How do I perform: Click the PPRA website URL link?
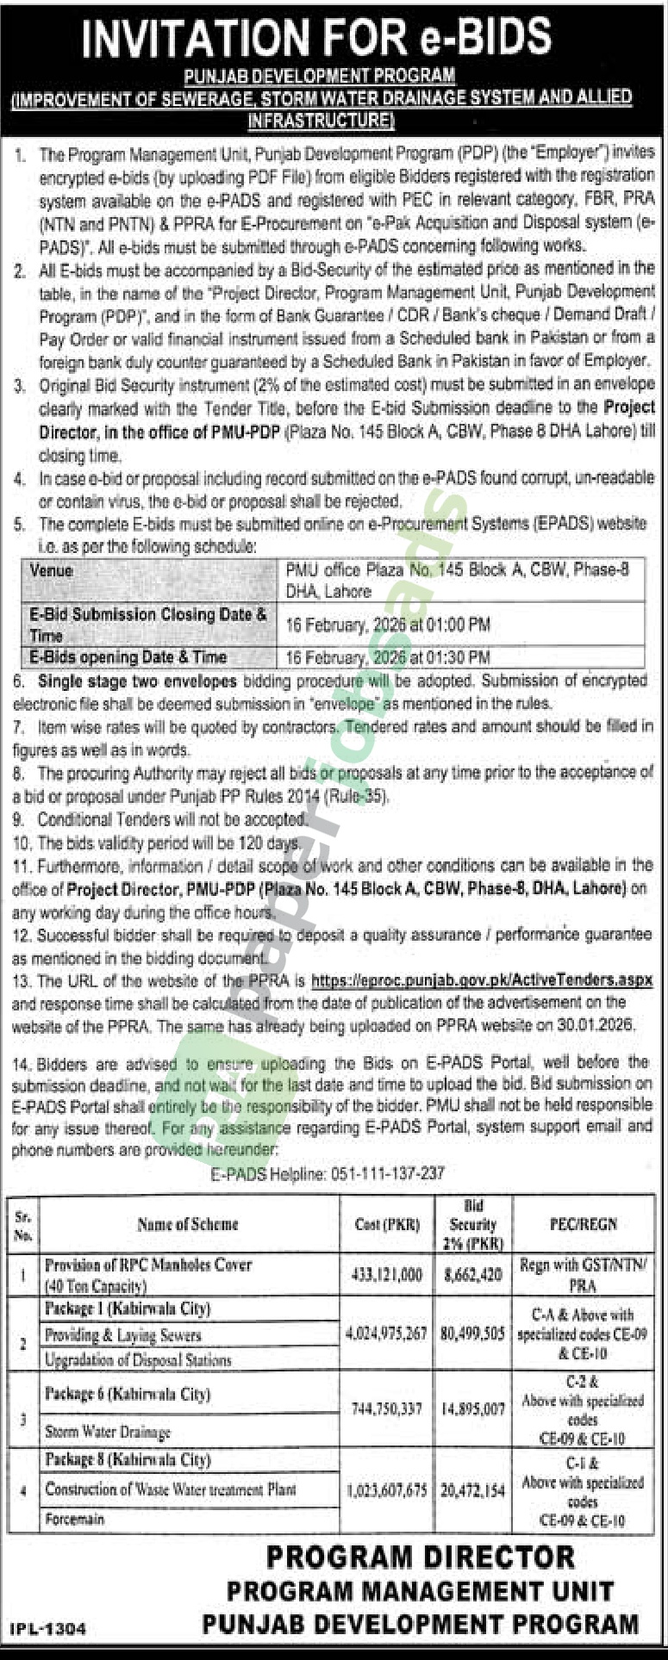pyautogui.click(x=481, y=979)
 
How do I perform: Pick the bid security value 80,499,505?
pyautogui.click(x=472, y=1333)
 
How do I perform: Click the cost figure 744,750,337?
pyautogui.click(x=386, y=1408)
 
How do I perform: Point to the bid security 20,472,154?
pyautogui.click(x=472, y=1490)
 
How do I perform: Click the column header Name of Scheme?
pyautogui.click(x=187, y=1223)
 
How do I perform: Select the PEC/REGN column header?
pyautogui.click(x=583, y=1223)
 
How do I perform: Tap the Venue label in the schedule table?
pyautogui.click(x=52, y=570)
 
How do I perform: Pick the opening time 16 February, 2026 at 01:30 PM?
pyautogui.click(x=388, y=656)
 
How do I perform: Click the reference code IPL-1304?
pyautogui.click(x=48, y=1629)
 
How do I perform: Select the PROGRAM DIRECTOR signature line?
pyautogui.click(x=420, y=1557)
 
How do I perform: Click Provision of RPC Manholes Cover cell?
pyautogui.click(x=147, y=1265)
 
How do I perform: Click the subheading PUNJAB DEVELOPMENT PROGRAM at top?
pyautogui.click(x=321, y=77)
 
